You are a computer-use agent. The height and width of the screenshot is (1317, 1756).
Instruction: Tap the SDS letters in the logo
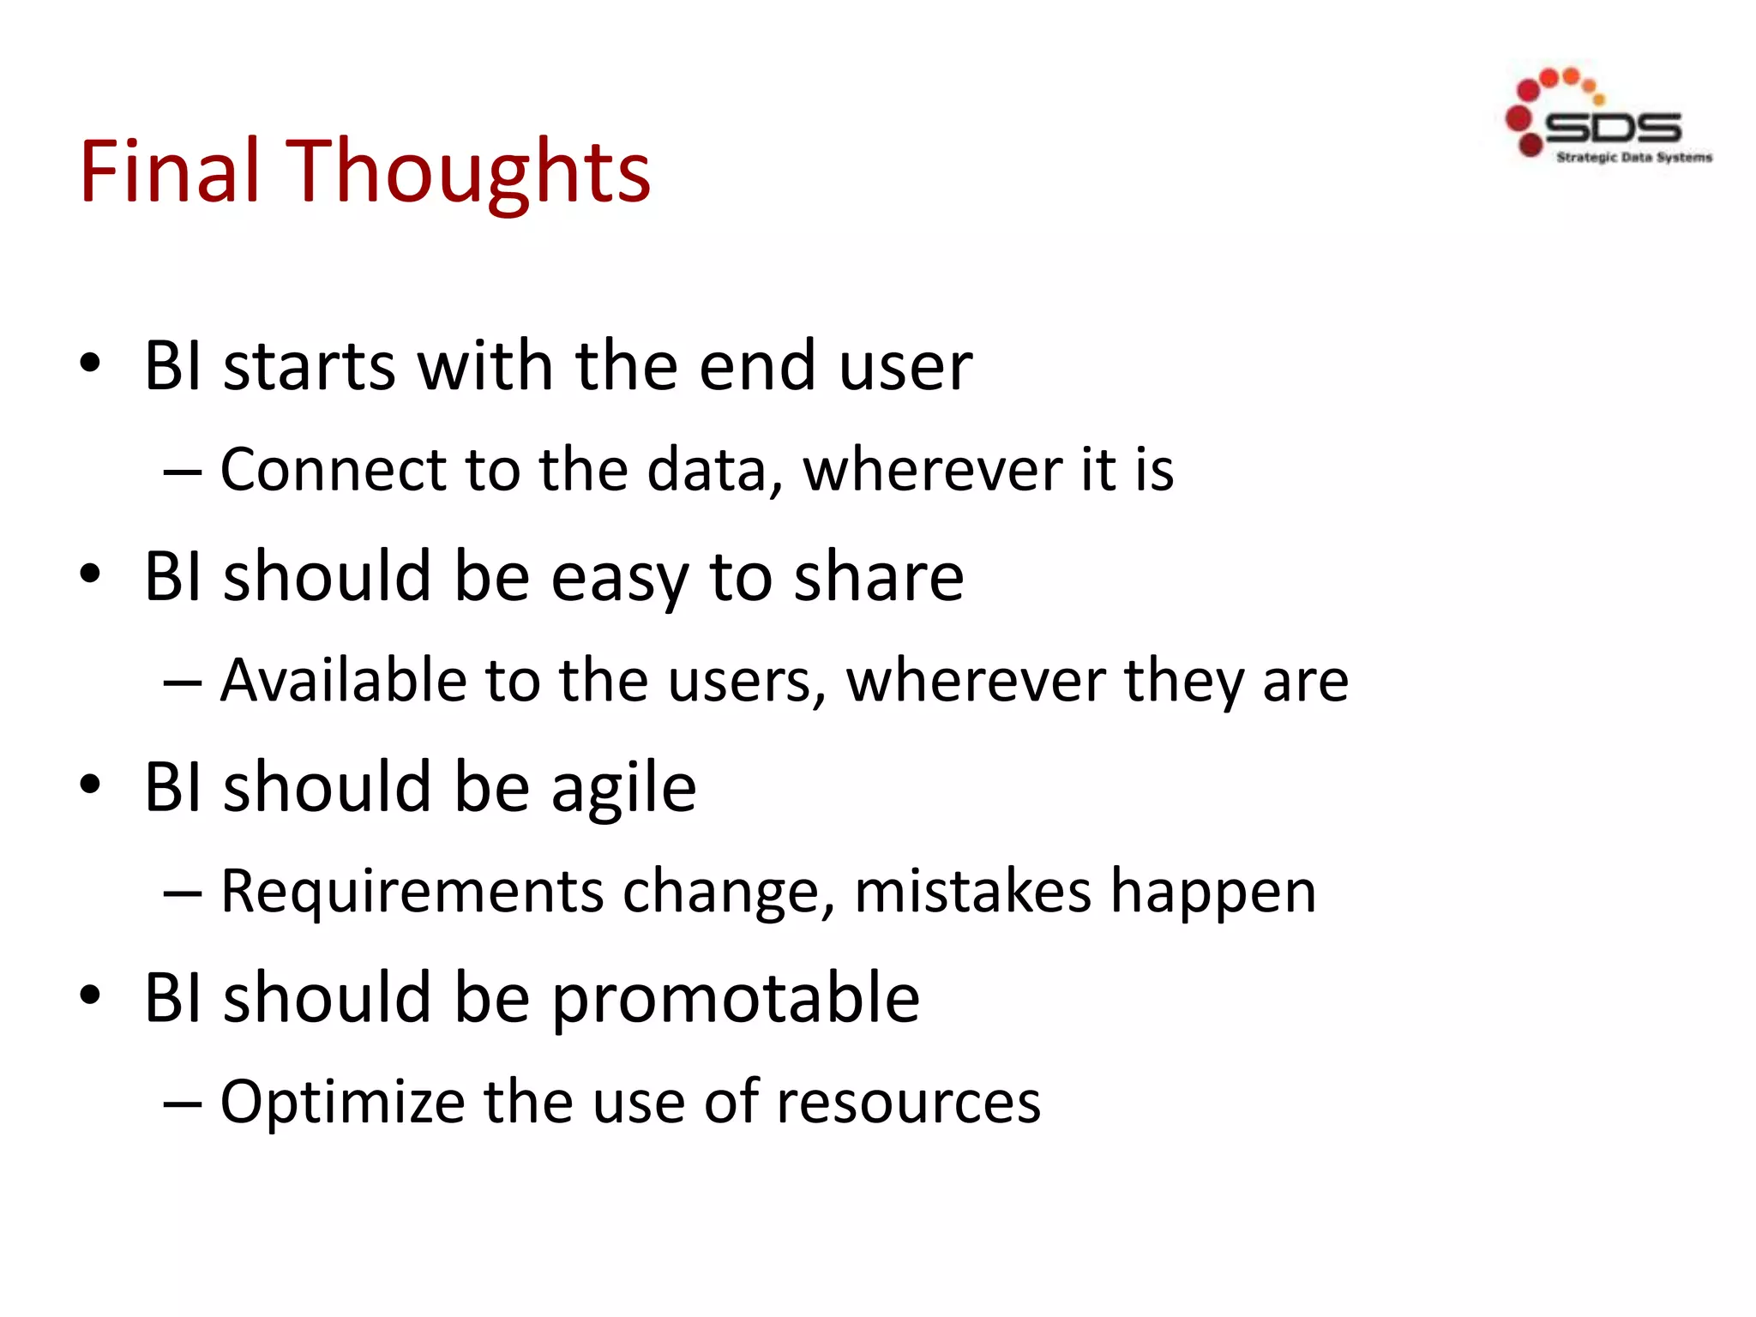1612,129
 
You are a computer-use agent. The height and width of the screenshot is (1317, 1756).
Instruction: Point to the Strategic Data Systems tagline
1634,158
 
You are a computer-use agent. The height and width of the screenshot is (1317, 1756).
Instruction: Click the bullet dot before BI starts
90,364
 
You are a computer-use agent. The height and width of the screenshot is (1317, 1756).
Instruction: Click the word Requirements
412,892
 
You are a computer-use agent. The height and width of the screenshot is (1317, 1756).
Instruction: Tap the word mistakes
973,892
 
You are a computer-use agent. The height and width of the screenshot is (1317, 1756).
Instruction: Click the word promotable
736,999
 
